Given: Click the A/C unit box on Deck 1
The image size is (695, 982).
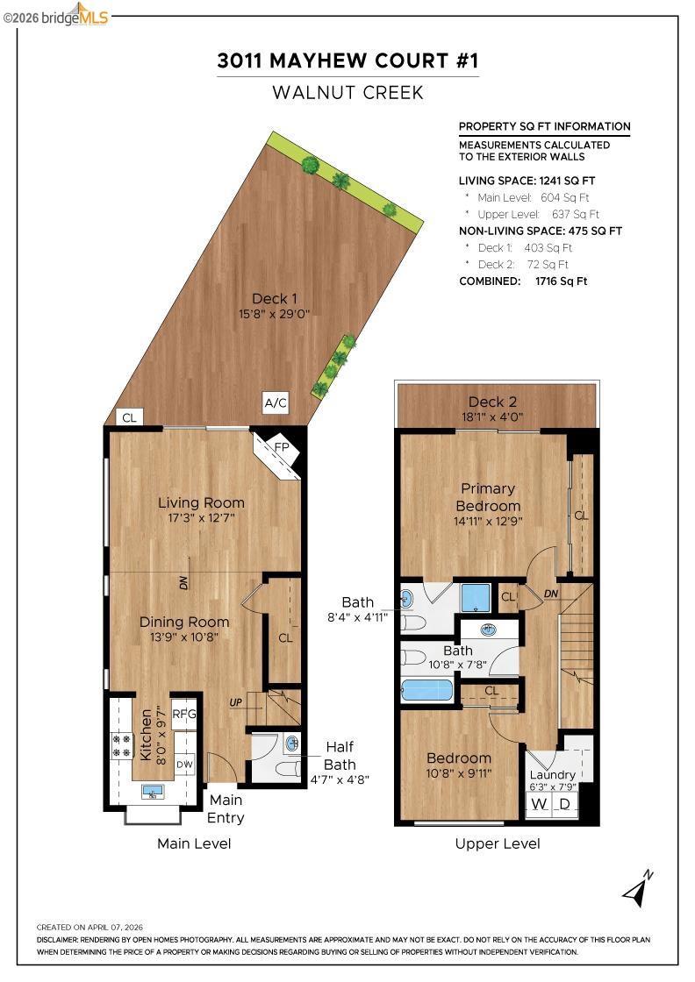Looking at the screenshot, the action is click(x=276, y=402).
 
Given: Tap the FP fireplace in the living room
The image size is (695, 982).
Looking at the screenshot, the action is click(x=278, y=453).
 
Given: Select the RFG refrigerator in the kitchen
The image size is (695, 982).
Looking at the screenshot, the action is click(x=184, y=714).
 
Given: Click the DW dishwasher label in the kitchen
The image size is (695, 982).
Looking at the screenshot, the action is click(x=184, y=765).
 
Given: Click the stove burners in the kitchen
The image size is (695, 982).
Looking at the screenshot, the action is click(x=122, y=745).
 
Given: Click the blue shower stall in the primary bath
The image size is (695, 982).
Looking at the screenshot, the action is click(x=476, y=597).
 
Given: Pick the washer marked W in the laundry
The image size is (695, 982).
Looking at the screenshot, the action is click(x=539, y=803).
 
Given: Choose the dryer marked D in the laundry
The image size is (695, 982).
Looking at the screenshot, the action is click(x=564, y=803).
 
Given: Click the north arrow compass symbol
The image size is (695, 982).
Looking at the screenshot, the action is click(x=637, y=889).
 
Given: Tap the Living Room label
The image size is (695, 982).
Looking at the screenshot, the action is click(x=201, y=502).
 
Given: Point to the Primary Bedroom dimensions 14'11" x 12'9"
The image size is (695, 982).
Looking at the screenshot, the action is click(x=488, y=521).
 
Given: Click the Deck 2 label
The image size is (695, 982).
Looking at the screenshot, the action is click(x=492, y=402).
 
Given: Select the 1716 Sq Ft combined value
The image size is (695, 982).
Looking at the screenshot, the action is click(x=561, y=281).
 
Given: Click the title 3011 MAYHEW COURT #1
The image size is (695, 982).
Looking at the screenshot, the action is click(x=347, y=60).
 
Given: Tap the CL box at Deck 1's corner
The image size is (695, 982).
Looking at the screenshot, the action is click(x=130, y=417).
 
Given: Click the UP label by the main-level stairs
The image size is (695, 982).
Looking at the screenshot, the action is click(x=236, y=702).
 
